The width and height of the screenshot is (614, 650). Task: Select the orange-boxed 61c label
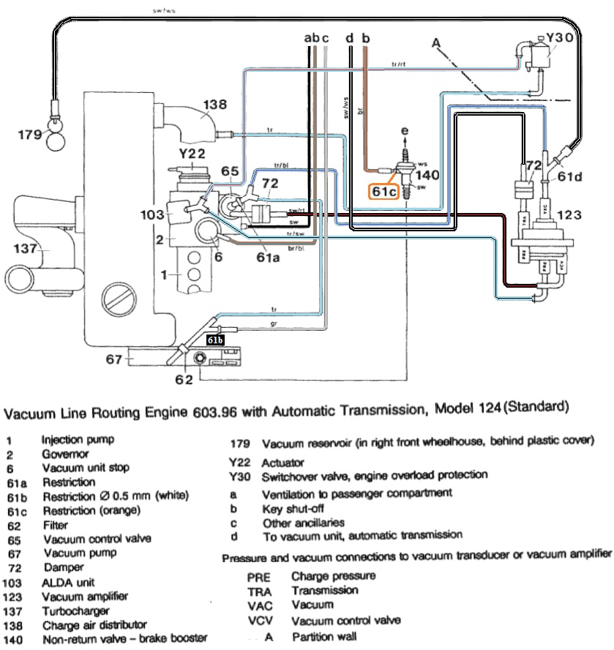pos(382,192)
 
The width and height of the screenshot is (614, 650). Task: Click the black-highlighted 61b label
pos(215,341)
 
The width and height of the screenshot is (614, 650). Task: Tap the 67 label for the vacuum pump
pos(113,359)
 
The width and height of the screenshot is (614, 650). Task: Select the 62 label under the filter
pos(184,380)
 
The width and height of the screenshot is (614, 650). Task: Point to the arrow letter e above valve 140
pos(403,131)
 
